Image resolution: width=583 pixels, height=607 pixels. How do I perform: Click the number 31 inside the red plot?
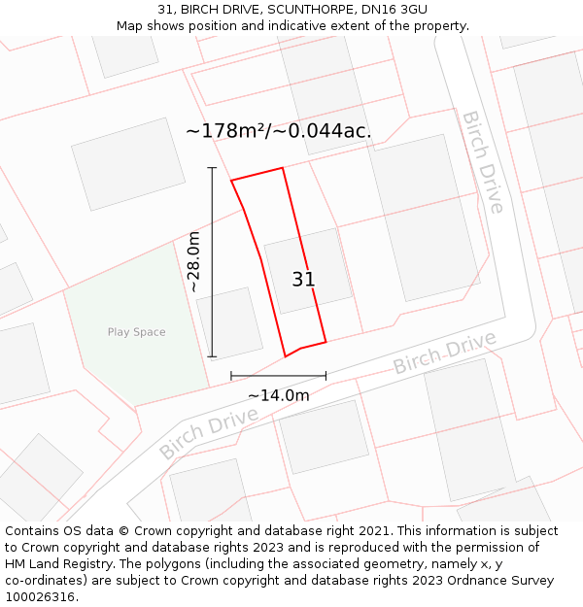(x=303, y=280)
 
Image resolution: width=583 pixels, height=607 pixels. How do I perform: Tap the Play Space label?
(x=136, y=332)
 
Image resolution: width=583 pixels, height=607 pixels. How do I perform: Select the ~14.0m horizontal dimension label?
(x=278, y=395)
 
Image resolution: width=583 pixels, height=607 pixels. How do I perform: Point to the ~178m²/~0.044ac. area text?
(x=279, y=130)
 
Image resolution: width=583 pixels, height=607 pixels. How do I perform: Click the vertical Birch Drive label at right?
(x=483, y=161)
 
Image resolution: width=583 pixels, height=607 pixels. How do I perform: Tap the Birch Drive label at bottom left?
(x=208, y=433)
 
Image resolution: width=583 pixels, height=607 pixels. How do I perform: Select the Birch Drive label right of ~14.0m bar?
(x=444, y=353)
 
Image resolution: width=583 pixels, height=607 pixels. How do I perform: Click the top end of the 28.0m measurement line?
(x=212, y=168)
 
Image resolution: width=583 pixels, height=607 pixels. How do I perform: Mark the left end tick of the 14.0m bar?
(x=231, y=375)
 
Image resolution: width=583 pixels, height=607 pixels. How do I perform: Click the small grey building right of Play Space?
(x=229, y=322)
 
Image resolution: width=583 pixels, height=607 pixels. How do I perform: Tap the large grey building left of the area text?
(x=128, y=163)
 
